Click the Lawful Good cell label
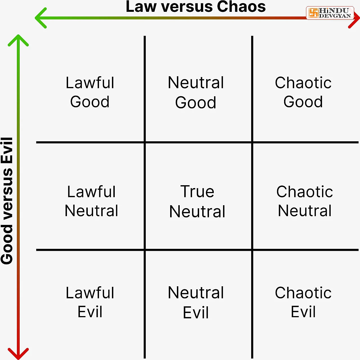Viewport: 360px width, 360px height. [x=90, y=92]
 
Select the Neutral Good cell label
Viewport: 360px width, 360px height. [x=196, y=92]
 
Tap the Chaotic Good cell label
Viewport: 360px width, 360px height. [x=303, y=92]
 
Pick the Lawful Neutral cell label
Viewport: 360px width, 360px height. [x=91, y=201]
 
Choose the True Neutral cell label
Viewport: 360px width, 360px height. [x=197, y=202]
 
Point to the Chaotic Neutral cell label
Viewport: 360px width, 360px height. [x=305, y=201]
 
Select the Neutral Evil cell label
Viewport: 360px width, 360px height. [x=196, y=302]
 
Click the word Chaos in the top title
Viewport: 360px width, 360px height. [x=241, y=6]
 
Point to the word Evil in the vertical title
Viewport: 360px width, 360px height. [x=7, y=151]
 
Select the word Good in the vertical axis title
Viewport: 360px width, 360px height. [x=7, y=244]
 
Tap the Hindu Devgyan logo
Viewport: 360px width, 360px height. [x=330, y=13]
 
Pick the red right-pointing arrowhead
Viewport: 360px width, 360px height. [x=354, y=18]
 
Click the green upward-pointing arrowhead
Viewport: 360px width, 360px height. [x=18, y=41]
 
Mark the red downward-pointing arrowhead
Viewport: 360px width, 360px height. [x=18, y=354]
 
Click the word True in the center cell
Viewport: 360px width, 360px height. [x=197, y=191]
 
